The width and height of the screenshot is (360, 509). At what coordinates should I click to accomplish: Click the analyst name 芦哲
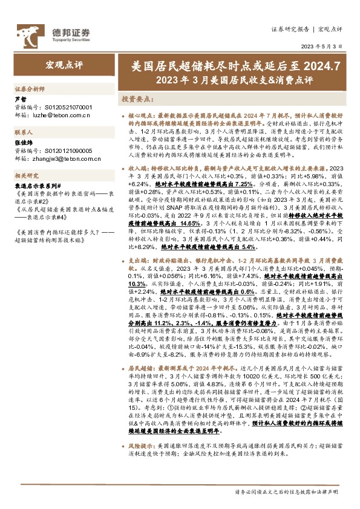click(x=21, y=99)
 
